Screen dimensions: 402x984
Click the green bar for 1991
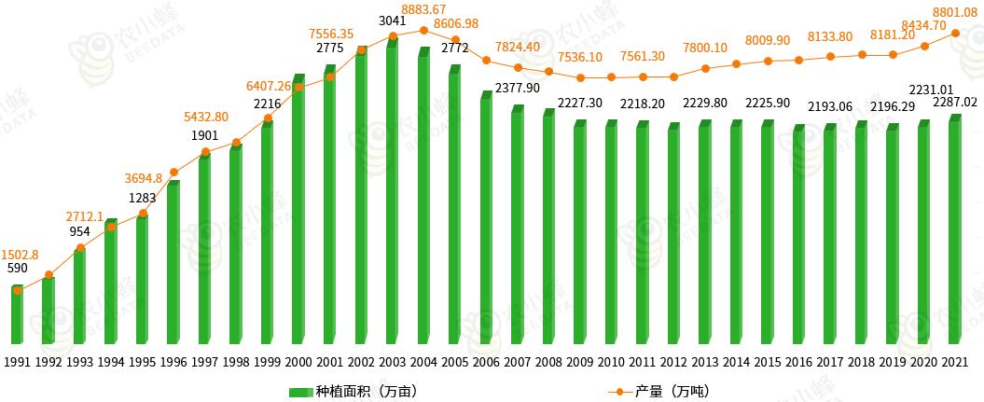click(x=17, y=315)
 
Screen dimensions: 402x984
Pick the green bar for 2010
click(x=611, y=233)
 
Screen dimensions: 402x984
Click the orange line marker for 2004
click(x=424, y=30)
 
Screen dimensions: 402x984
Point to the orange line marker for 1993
click(x=80, y=248)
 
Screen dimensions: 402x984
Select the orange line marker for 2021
click(x=955, y=34)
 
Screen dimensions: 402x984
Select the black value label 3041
click(x=393, y=20)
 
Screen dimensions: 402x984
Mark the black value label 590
click(x=17, y=269)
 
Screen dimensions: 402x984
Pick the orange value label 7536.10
click(x=579, y=57)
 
